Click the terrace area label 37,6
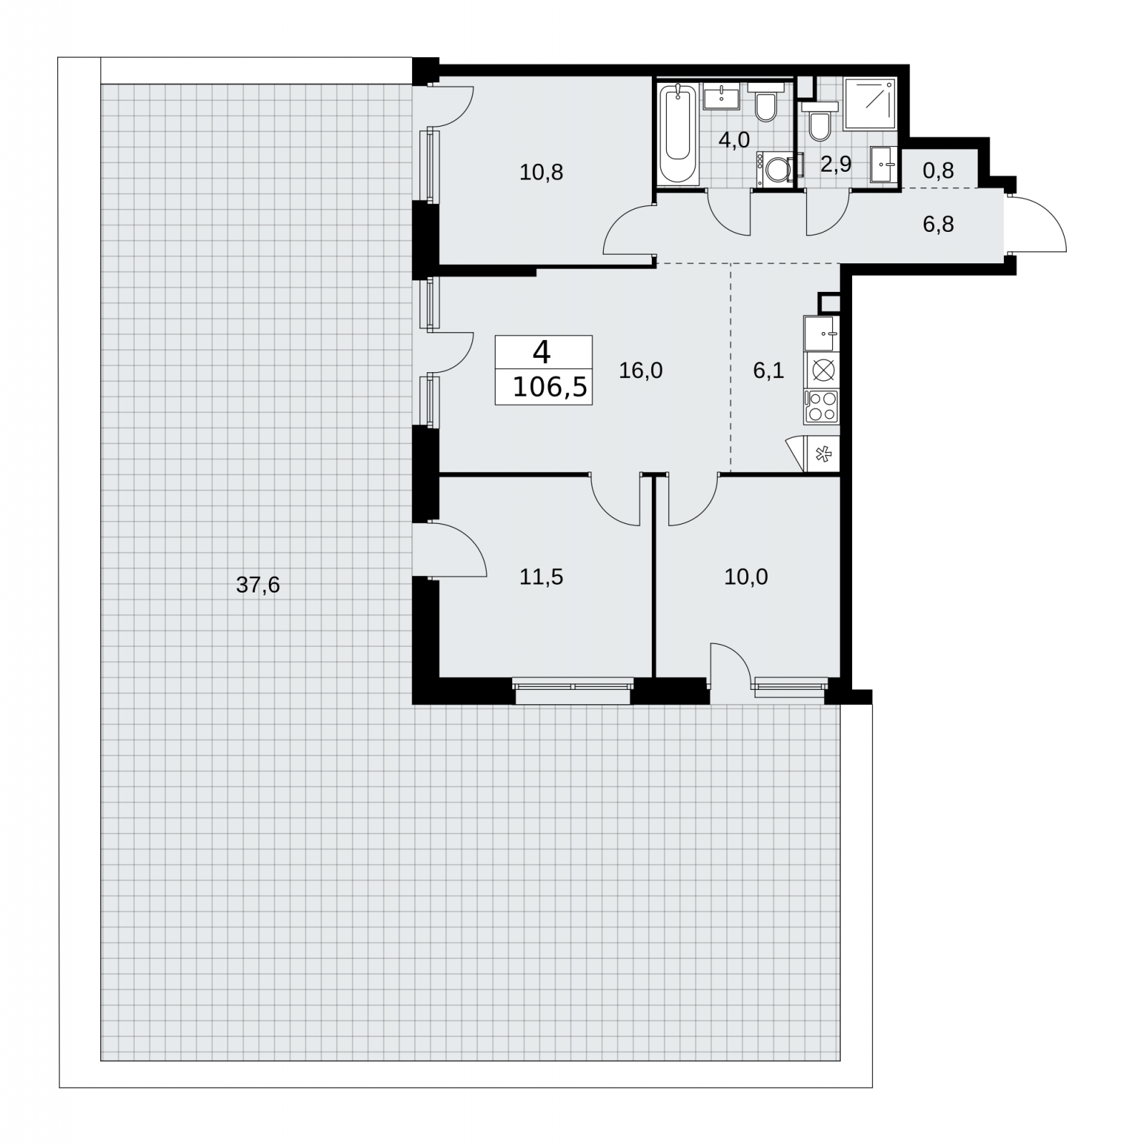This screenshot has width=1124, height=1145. pyautogui.click(x=258, y=585)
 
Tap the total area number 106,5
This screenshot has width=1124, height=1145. pyautogui.click(x=550, y=387)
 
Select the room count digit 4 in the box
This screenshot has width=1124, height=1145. pyautogui.click(x=542, y=352)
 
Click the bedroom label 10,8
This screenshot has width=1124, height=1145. pyautogui.click(x=542, y=172)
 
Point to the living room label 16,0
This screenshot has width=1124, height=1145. pyautogui.click(x=640, y=370)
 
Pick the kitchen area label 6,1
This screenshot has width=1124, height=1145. pyautogui.click(x=768, y=370)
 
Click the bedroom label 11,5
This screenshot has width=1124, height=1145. pyautogui.click(x=542, y=577)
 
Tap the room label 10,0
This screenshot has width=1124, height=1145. pyautogui.click(x=746, y=577)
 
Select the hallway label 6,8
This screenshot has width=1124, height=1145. pyautogui.click(x=938, y=225)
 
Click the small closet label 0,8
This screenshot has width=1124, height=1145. pyautogui.click(x=938, y=170)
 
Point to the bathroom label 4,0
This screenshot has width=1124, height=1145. pyautogui.click(x=734, y=140)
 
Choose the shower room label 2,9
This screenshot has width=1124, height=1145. pyautogui.click(x=836, y=165)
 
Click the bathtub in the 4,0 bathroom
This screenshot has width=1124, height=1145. pyautogui.click(x=678, y=134)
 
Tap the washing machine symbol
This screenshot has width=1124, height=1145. pyautogui.click(x=775, y=170)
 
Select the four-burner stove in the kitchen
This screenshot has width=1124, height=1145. pyautogui.click(x=821, y=406)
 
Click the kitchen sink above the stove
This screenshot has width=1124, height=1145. pyautogui.click(x=821, y=333)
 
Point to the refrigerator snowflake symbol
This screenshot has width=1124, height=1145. pyautogui.click(x=823, y=454)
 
